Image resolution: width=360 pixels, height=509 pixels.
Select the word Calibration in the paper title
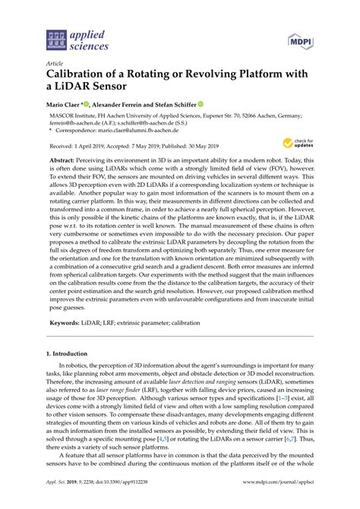point(81,76)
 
